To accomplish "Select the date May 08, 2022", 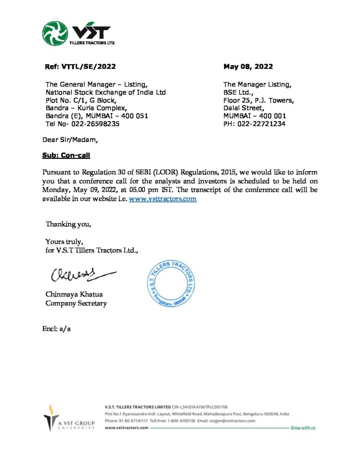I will pos(248,66).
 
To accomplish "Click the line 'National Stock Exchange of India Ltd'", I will pos(106,92).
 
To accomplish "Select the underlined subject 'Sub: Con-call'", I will pos(66,156).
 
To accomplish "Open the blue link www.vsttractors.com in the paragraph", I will pos(163,199).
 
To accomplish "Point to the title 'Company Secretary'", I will pos(76,303).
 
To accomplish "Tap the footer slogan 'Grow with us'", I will pos(303,428).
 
